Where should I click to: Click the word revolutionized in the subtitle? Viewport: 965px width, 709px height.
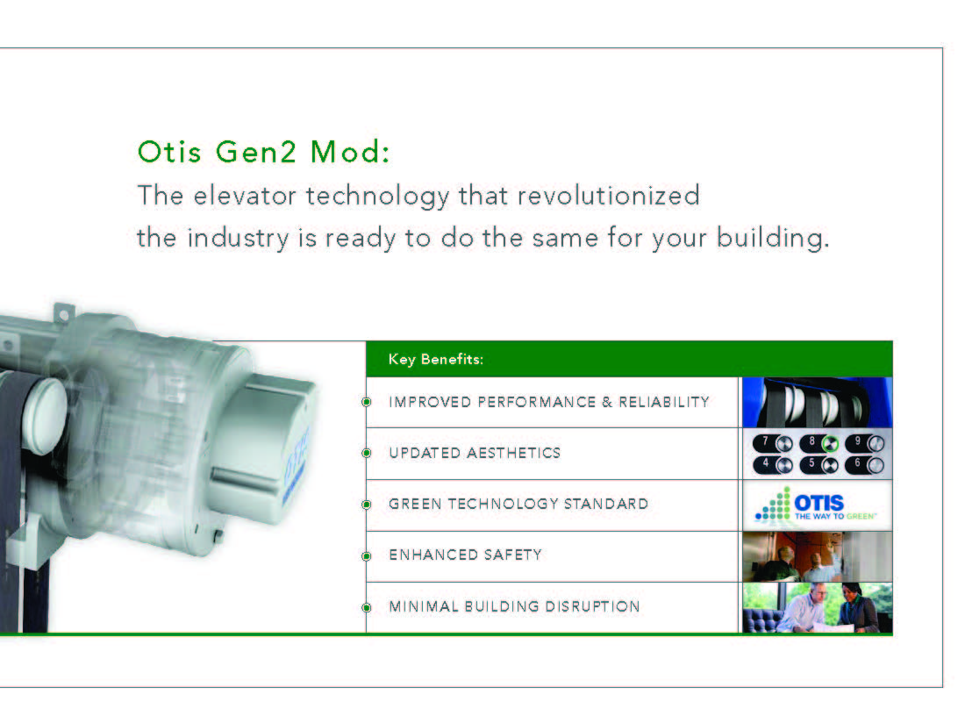point(608,196)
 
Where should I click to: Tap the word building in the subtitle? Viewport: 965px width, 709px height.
point(772,238)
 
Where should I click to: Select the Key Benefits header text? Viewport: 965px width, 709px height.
point(436,360)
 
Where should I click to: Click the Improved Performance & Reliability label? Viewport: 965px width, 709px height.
point(549,402)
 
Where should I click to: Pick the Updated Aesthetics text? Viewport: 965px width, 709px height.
point(475,453)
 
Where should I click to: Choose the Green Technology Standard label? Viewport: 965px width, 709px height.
point(518,504)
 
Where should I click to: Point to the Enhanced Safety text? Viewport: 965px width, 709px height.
point(465,555)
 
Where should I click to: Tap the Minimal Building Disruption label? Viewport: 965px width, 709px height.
point(514,607)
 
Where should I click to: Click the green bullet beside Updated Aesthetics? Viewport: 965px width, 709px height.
point(367,454)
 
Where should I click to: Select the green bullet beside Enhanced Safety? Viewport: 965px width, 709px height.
point(367,556)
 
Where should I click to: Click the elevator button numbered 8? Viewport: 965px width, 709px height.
point(819,442)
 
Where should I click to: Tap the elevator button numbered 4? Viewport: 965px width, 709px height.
point(773,465)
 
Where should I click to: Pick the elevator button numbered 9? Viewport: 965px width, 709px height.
point(865,442)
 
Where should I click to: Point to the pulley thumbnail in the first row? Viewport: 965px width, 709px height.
point(818,403)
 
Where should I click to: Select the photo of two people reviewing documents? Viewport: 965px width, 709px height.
point(818,607)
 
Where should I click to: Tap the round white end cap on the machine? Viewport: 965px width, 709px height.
point(45,415)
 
